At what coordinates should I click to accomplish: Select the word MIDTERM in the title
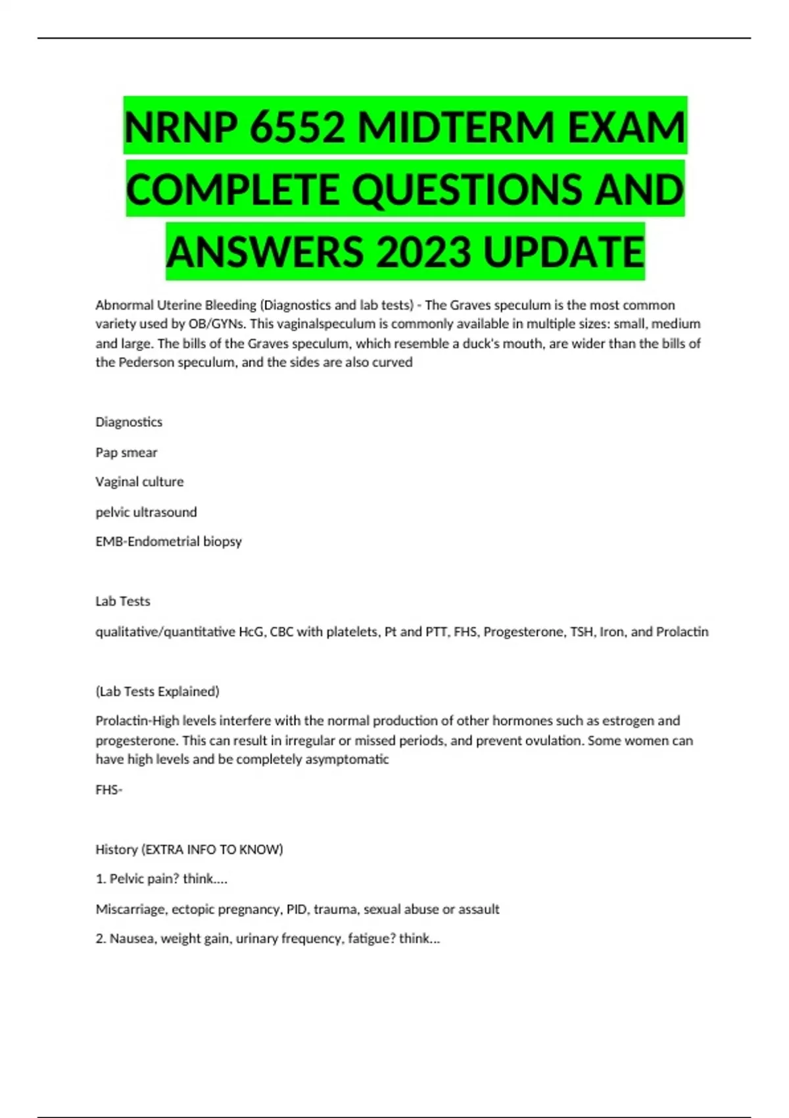[x=456, y=126]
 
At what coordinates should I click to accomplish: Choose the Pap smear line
[x=126, y=452]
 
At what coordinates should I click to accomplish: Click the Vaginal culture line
[x=139, y=482]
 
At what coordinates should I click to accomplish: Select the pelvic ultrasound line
[x=146, y=512]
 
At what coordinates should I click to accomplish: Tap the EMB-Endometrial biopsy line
[x=168, y=541]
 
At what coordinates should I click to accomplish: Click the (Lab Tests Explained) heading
[x=157, y=691]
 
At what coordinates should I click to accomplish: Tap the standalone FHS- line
[x=108, y=790]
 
